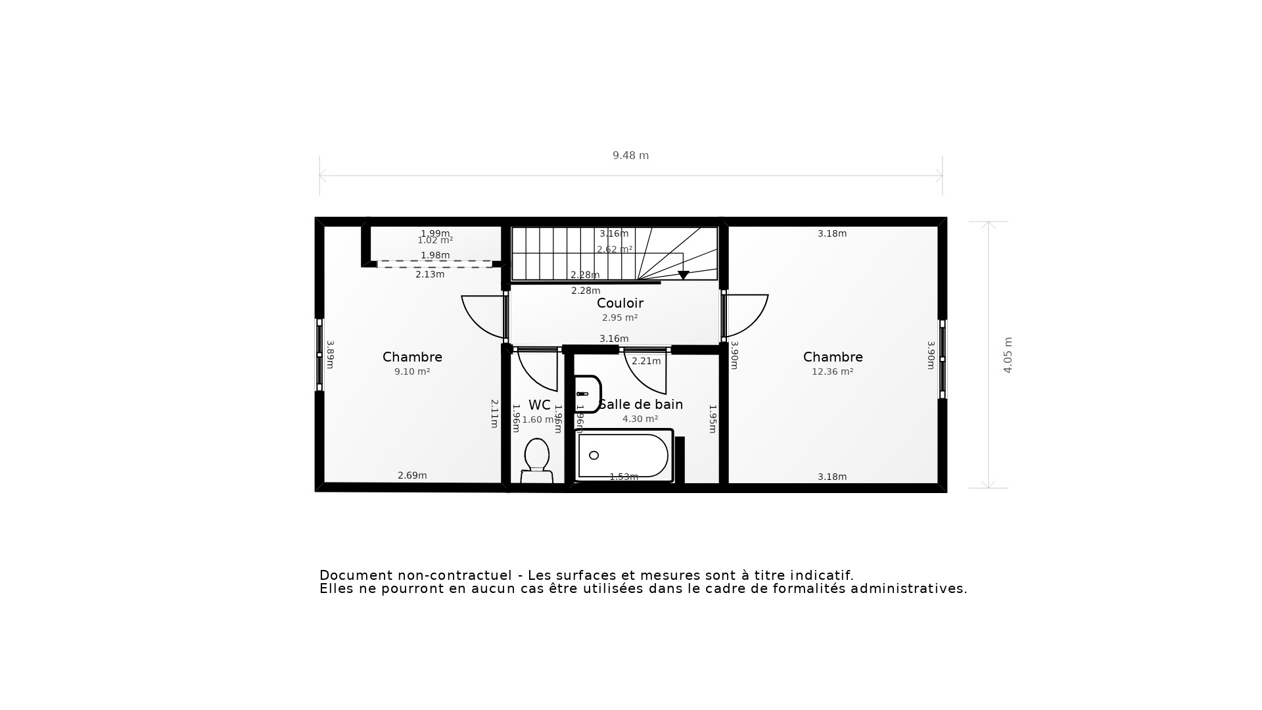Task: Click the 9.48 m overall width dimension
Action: [x=630, y=156]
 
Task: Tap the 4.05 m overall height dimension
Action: [x=1008, y=355]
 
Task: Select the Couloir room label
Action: [x=620, y=303]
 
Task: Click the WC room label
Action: [x=539, y=405]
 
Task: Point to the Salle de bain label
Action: [x=641, y=404]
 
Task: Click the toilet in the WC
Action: [x=537, y=460]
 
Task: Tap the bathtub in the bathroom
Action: [x=623, y=456]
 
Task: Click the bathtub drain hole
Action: [x=594, y=456]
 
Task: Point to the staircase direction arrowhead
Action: [x=683, y=275]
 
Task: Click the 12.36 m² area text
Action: [x=832, y=371]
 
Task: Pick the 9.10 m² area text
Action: [x=412, y=371]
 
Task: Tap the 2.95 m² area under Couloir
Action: [x=620, y=318]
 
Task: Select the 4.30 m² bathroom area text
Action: [x=640, y=419]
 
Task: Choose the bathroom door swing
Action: [x=647, y=373]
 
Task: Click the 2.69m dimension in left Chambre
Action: [x=412, y=475]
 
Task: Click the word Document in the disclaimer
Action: [x=356, y=576]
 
